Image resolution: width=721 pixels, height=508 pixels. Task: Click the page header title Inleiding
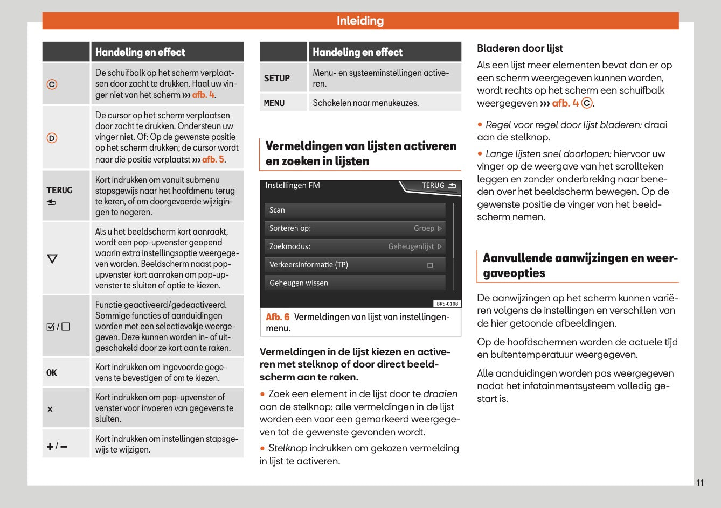[x=360, y=21]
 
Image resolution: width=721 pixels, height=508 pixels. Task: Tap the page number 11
[x=699, y=483]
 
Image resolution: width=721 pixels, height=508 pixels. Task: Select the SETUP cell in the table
[x=277, y=78]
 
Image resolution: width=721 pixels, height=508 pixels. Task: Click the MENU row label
[x=274, y=103]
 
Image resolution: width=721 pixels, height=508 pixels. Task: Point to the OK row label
[x=52, y=372]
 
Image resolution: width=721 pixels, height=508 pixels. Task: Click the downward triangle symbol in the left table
[x=52, y=259]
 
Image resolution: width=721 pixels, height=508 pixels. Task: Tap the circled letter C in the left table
[x=52, y=84]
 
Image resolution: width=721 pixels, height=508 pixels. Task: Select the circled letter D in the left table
[x=52, y=138]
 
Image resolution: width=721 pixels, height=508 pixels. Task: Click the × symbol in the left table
[x=50, y=409]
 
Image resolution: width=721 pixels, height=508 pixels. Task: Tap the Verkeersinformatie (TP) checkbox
[x=430, y=265]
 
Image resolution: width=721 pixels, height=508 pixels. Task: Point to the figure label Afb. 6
[x=278, y=317]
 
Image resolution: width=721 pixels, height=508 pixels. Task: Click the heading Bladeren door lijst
[x=519, y=48]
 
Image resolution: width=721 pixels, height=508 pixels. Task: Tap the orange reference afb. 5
[x=213, y=159]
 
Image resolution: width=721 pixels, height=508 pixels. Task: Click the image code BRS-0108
[x=447, y=304]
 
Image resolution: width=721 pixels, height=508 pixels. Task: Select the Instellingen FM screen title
[x=293, y=186]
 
